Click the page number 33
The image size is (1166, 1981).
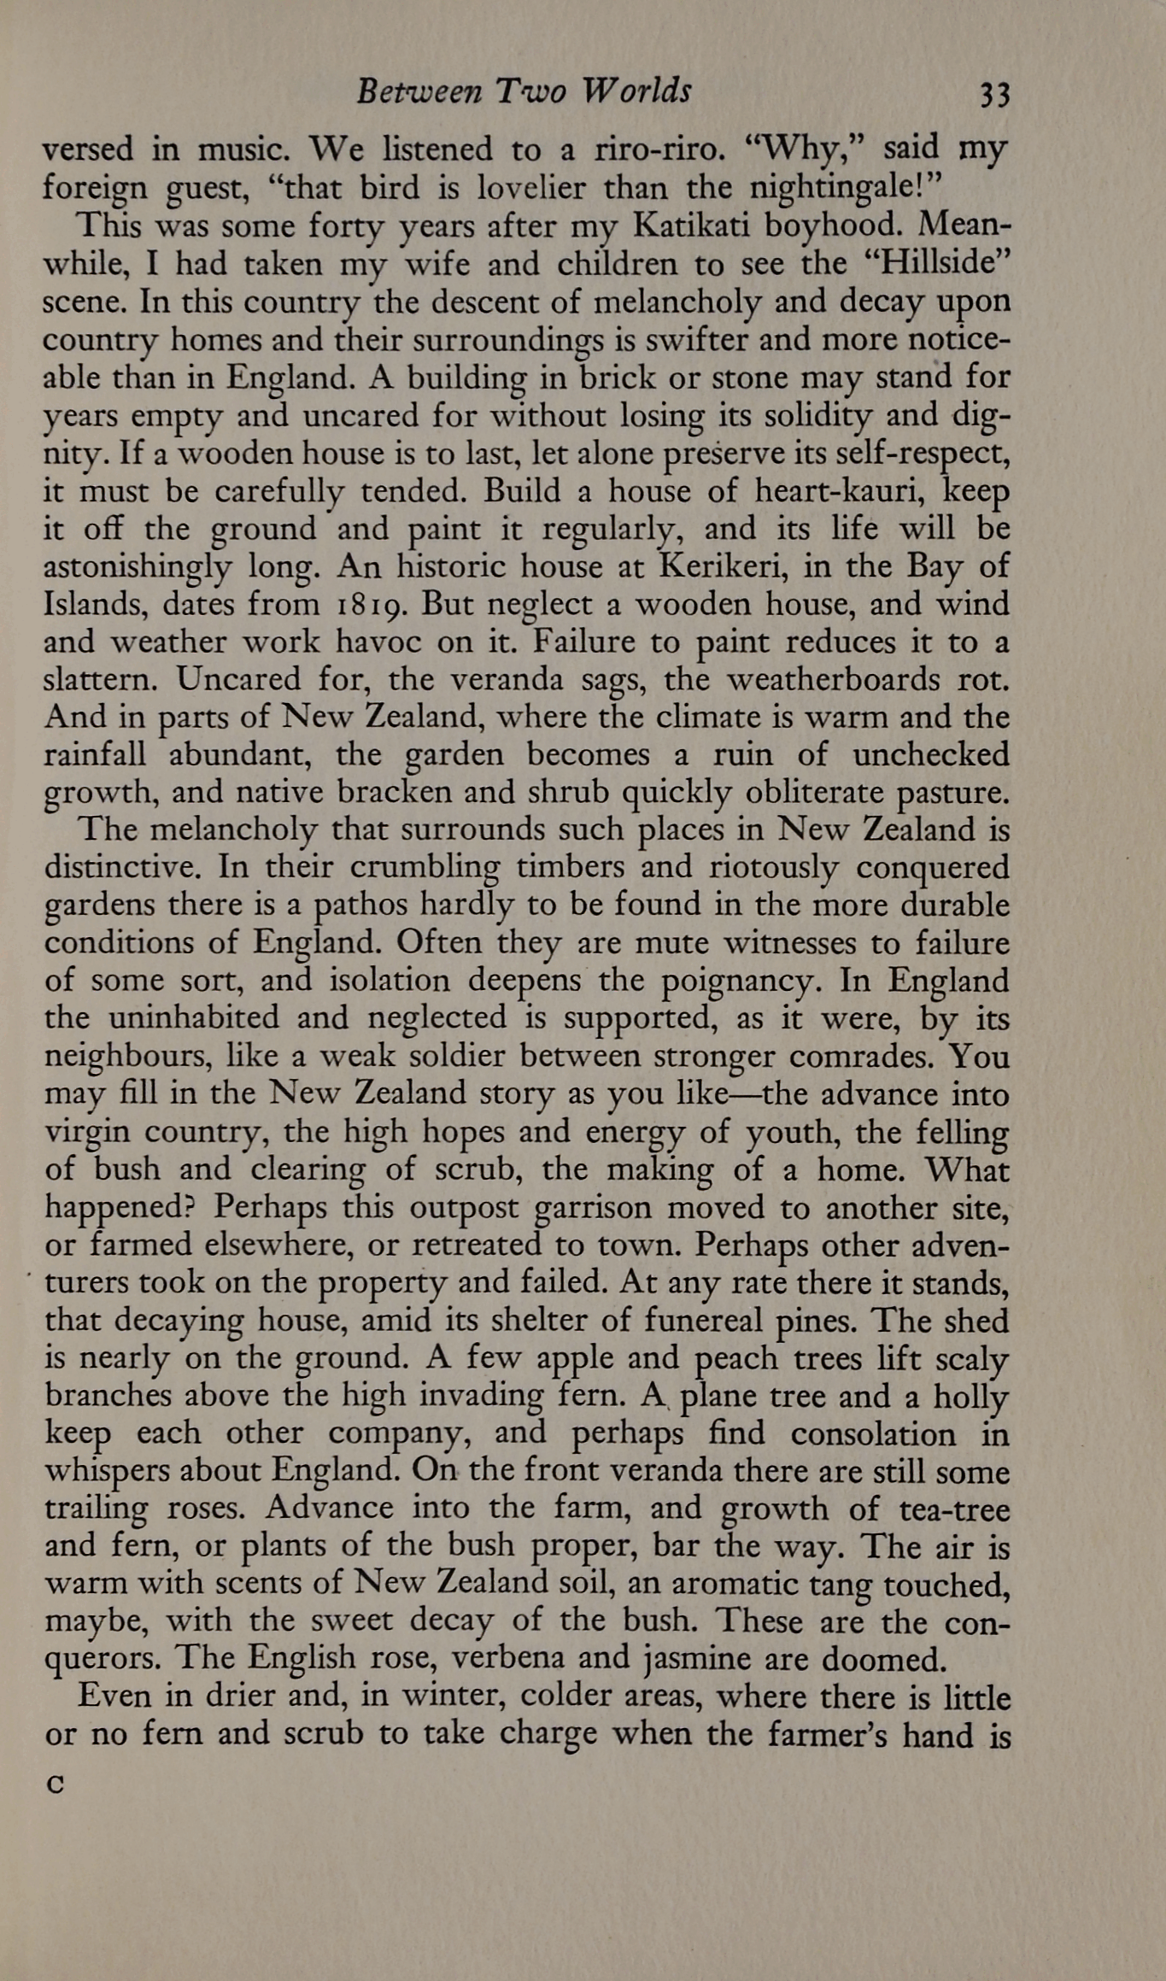click(x=994, y=94)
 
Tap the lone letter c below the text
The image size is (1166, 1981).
click(x=56, y=1784)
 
